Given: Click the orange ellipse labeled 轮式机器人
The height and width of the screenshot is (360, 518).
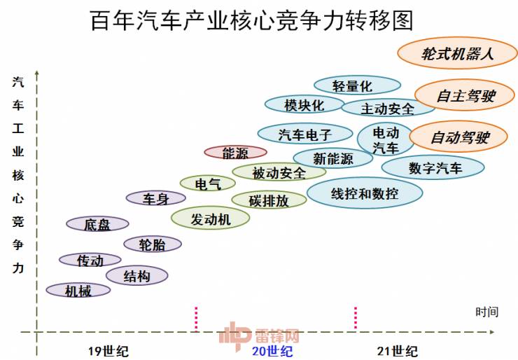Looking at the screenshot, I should [x=458, y=53].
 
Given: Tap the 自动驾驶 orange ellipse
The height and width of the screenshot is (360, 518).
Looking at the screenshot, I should [x=459, y=138].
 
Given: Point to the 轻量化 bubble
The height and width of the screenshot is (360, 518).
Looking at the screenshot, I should [x=357, y=85].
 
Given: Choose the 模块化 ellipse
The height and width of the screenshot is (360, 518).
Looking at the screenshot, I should [x=304, y=104].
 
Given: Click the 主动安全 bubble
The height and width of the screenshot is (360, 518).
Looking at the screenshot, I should [x=387, y=108].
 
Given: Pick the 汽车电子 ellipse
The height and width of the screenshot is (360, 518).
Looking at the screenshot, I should [x=304, y=133].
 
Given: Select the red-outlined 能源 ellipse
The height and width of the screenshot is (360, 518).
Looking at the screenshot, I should [x=235, y=152].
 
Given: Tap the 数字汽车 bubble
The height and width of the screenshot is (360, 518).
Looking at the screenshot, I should [x=433, y=167].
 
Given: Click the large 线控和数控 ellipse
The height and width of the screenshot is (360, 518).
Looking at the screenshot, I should [x=364, y=193].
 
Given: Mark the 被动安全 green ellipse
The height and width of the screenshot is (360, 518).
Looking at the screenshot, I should [x=279, y=172].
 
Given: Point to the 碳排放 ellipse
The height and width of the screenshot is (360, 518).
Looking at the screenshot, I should [x=269, y=200].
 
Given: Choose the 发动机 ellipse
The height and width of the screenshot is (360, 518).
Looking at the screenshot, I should [x=211, y=219].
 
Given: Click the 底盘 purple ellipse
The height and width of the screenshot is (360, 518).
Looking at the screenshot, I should [x=97, y=224].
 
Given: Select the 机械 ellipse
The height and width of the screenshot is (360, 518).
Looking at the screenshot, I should [x=78, y=290].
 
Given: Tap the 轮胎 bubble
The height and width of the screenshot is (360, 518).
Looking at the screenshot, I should [x=152, y=244].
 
